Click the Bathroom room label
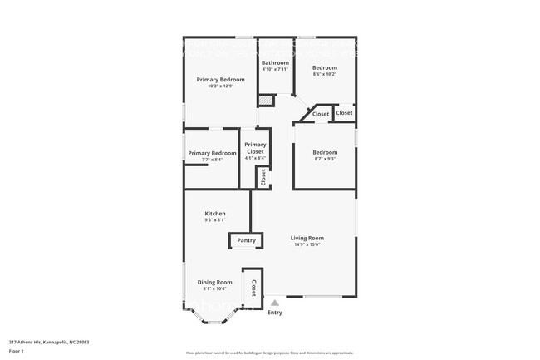(275, 63)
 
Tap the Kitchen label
(215, 214)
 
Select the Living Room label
(307, 239)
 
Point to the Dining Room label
(214, 283)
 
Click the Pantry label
(246, 240)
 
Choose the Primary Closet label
(255, 148)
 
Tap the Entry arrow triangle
(275, 303)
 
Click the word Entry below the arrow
(275, 313)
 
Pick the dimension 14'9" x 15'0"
(307, 244)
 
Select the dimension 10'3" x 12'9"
(220, 86)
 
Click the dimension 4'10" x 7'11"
(275, 69)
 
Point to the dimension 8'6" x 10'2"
(324, 73)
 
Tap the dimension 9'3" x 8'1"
(215, 220)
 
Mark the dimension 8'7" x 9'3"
(325, 158)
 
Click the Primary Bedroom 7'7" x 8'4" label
(212, 153)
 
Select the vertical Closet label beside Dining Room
(253, 288)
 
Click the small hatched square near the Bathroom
(265, 101)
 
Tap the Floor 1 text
(16, 352)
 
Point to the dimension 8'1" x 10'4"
(214, 288)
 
